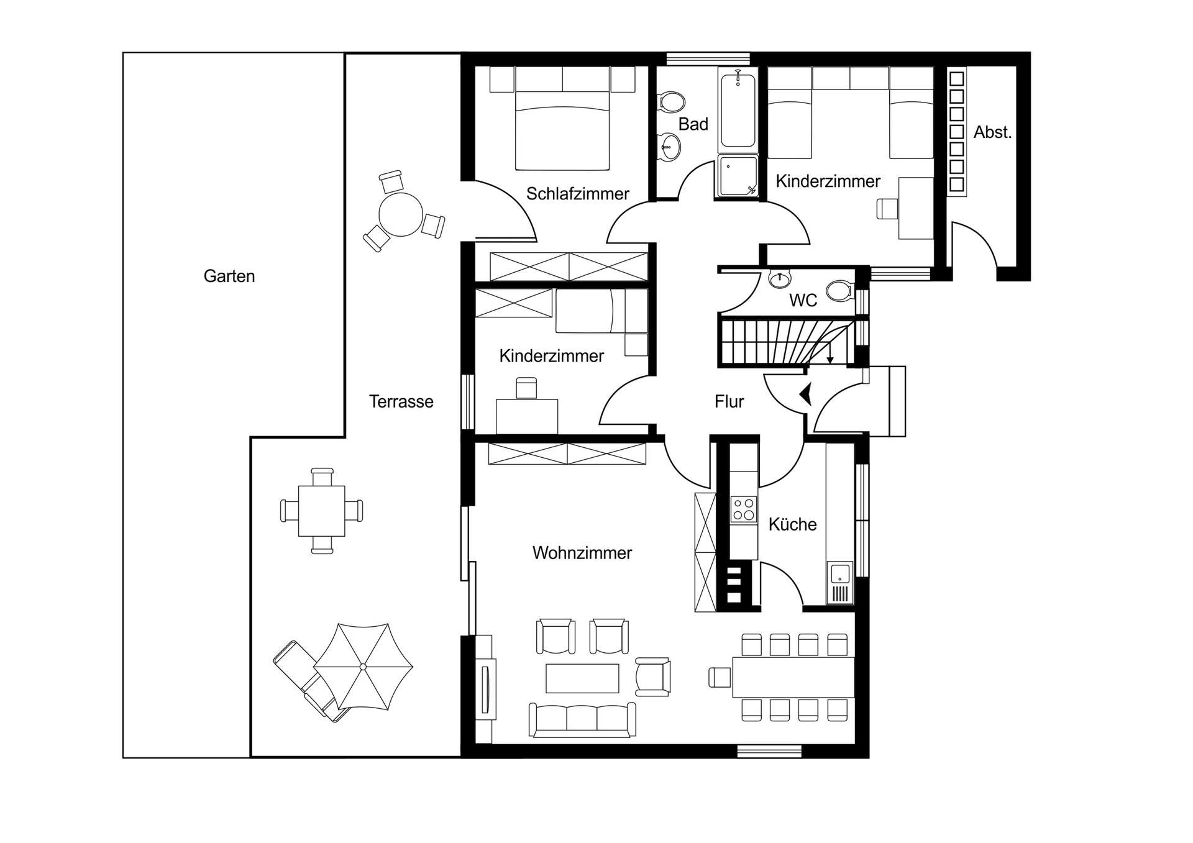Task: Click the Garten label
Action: tap(229, 276)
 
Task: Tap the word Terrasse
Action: tap(401, 401)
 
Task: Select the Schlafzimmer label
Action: tap(578, 194)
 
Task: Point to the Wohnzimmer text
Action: tap(582, 553)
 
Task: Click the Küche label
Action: tap(792, 524)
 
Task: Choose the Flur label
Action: tap(729, 402)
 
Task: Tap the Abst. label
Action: tap(992, 132)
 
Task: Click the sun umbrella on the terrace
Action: tap(363, 667)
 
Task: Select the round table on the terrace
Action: tap(401, 214)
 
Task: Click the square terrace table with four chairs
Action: tap(321, 511)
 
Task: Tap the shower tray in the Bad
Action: tap(738, 176)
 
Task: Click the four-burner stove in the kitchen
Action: tap(743, 509)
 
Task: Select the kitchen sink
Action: tap(839, 583)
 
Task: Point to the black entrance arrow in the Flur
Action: tap(806, 394)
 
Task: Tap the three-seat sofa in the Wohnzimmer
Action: tap(582, 720)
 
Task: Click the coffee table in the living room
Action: tap(582, 678)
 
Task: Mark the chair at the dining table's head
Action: tap(720, 677)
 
